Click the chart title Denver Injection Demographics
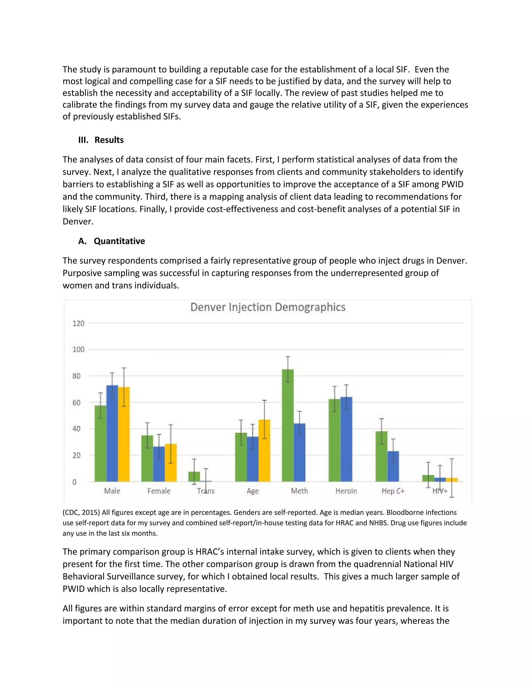268,307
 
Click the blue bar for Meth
300,452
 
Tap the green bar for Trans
194,477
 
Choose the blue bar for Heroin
346,439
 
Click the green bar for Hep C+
381,456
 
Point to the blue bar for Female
159,464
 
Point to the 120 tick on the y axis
78,323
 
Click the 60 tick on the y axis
76,402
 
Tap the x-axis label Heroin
346,491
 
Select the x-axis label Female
159,491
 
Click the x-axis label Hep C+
393,491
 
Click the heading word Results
109,140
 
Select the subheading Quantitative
119,241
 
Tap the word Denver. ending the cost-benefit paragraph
78,222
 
